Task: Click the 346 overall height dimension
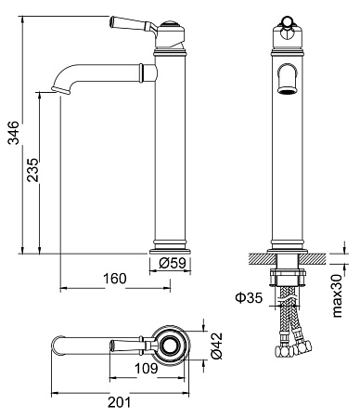14,133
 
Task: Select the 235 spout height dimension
32,170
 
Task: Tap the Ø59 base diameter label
173,263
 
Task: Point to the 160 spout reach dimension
115,279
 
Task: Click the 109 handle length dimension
146,369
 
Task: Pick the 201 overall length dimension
120,402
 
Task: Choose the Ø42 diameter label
216,346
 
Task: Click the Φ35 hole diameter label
249,298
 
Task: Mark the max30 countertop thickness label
338,295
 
